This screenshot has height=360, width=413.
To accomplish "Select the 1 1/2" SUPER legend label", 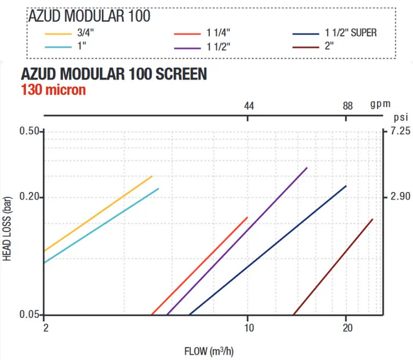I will pyautogui.click(x=350, y=33).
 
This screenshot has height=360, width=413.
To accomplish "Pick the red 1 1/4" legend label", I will pyautogui.click(x=215, y=33).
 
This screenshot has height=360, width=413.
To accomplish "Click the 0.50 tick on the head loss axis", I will pyautogui.click(x=28, y=131).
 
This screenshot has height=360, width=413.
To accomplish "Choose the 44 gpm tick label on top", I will pyautogui.click(x=248, y=105).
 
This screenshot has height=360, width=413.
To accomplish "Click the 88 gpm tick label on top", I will pyautogui.click(x=348, y=105).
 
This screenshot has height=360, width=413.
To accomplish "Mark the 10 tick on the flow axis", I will pyautogui.click(x=248, y=327).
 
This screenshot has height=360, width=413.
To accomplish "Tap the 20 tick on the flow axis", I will pyautogui.click(x=347, y=327).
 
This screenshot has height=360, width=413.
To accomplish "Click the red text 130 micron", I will pyautogui.click(x=53, y=89).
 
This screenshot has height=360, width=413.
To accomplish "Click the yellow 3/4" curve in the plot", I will pyautogui.click(x=98, y=213).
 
